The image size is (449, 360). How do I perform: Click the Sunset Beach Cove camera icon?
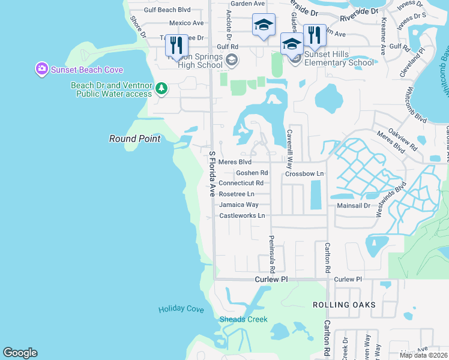click(x=41, y=68)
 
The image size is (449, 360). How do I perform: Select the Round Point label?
click(x=134, y=139)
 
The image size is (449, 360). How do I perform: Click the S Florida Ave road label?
click(x=212, y=174)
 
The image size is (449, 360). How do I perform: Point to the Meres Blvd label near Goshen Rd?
click(x=235, y=162)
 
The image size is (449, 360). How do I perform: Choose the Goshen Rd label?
click(x=252, y=173)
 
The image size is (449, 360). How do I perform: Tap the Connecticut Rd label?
click(x=241, y=183)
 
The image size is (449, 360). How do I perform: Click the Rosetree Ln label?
click(x=237, y=194)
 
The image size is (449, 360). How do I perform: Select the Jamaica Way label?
click(x=239, y=205)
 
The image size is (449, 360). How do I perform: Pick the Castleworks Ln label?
click(x=242, y=215)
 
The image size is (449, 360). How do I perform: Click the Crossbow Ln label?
click(x=304, y=173)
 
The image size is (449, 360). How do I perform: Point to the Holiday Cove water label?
click(x=181, y=310)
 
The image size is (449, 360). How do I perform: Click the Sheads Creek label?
click(x=244, y=319)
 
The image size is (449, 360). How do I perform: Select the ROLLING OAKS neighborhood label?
click(x=344, y=305)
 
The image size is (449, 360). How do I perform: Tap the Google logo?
click(x=20, y=353)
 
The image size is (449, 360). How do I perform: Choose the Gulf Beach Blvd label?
click(x=167, y=10)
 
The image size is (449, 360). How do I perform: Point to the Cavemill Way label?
click(x=290, y=144)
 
